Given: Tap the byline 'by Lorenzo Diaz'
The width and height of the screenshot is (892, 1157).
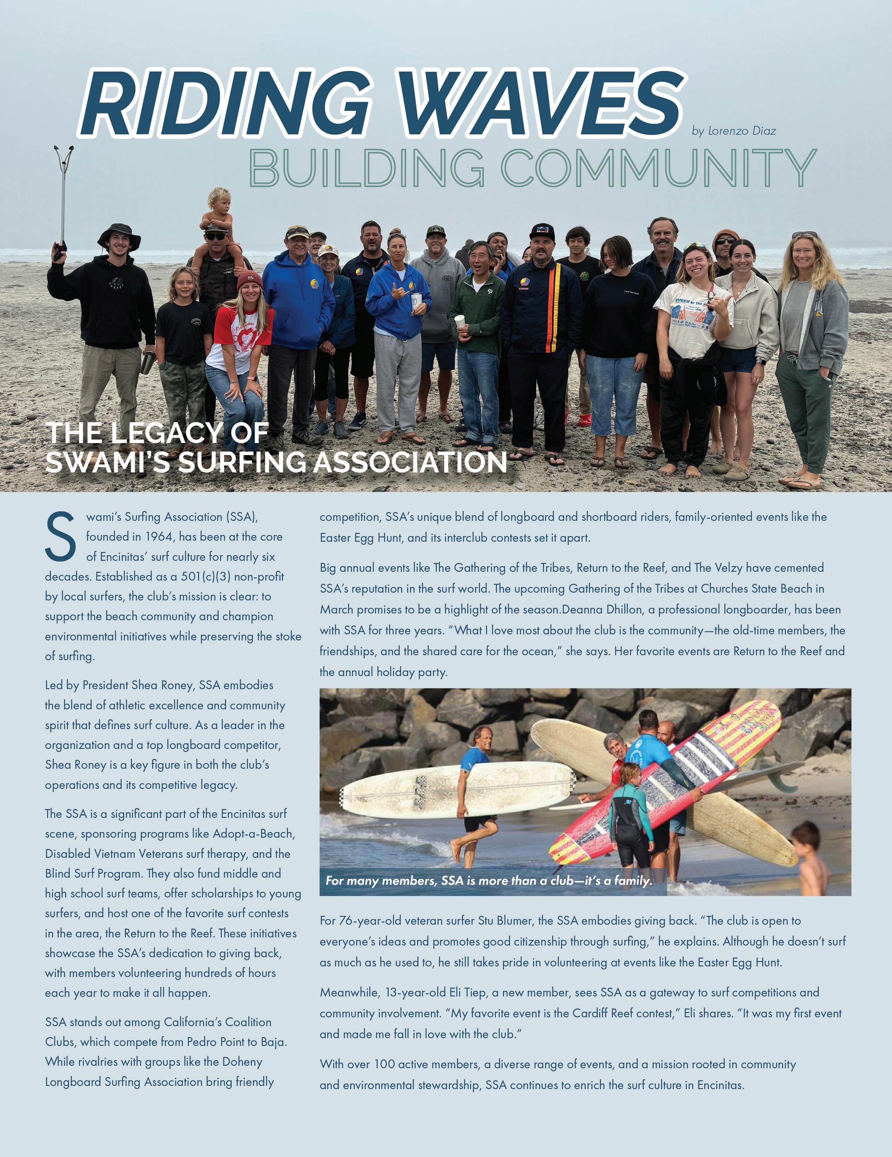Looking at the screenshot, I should point(734,131).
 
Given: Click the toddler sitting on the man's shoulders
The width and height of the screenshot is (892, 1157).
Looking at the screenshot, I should point(218,212).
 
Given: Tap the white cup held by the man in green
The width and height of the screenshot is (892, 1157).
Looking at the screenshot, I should point(459,321).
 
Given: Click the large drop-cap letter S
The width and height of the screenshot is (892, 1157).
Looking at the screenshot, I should point(60,536).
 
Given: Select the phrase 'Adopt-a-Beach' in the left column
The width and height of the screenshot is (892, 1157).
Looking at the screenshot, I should point(253,833).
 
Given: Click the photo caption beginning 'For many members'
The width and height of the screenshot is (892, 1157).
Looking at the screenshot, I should point(488,880).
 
